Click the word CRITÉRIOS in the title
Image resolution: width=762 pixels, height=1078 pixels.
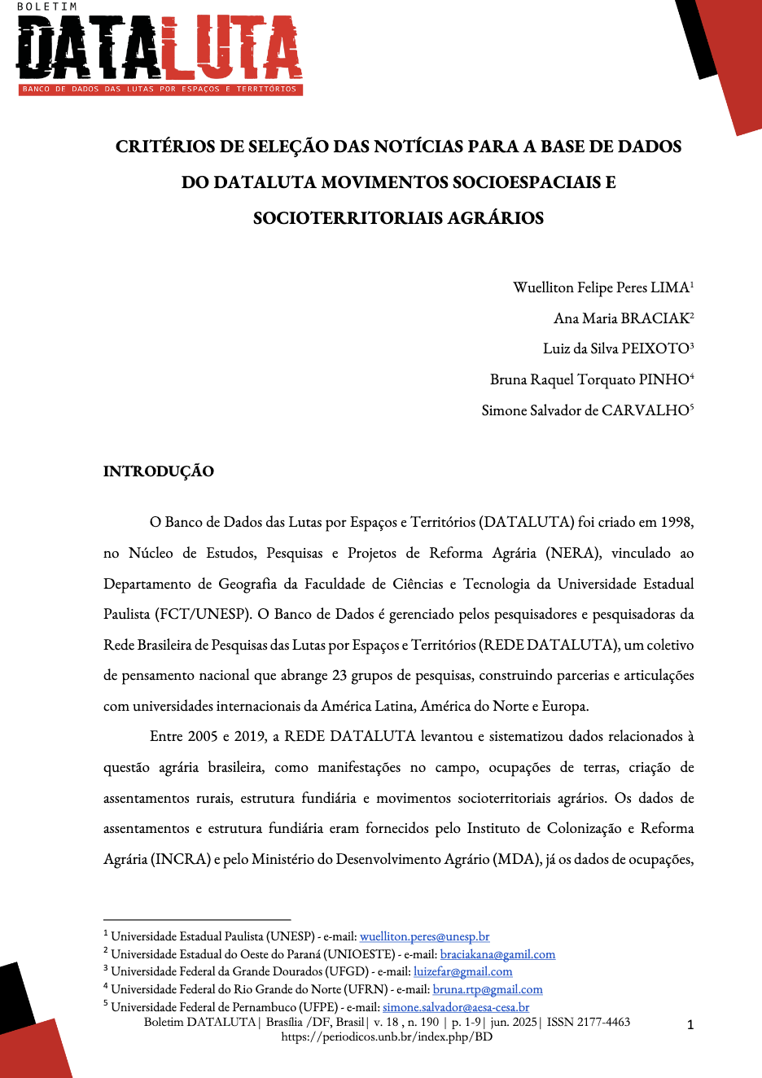click(x=165, y=147)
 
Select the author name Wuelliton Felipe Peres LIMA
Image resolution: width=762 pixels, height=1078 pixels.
click(x=602, y=287)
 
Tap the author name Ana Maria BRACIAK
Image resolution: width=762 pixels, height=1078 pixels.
click(x=622, y=318)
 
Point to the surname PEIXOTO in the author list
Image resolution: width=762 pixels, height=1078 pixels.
click(x=655, y=348)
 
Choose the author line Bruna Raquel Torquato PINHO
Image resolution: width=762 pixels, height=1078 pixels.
click(x=590, y=379)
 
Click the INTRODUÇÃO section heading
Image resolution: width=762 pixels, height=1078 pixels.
click(x=159, y=471)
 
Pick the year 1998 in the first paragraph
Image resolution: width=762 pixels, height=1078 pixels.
click(x=677, y=522)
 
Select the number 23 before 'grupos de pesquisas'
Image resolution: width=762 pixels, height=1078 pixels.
click(x=339, y=675)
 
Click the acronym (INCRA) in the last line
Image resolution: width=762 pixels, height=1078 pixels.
click(x=180, y=859)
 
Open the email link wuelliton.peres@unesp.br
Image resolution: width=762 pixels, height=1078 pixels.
click(x=424, y=936)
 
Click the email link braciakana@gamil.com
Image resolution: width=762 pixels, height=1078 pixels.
click(x=497, y=954)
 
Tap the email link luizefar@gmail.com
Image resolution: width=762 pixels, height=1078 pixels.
click(x=462, y=971)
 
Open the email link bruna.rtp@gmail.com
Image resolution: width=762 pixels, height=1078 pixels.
click(x=487, y=989)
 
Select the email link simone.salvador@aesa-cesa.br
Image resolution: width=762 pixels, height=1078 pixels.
click(x=455, y=1007)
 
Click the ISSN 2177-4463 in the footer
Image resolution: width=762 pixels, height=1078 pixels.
click(x=588, y=1022)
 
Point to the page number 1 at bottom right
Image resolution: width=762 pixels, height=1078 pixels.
click(x=690, y=1024)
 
